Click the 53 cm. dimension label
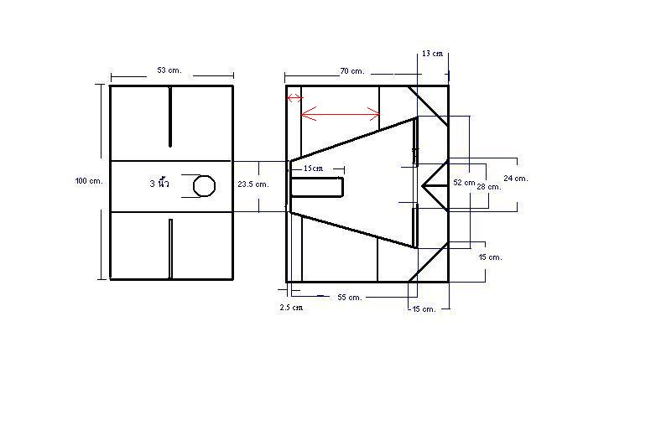click(169, 70)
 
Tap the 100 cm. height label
click(89, 181)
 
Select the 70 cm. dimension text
click(351, 71)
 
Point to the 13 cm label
click(432, 54)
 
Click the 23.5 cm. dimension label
click(253, 184)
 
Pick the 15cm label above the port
click(314, 169)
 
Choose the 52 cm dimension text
click(464, 183)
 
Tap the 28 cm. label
click(489, 187)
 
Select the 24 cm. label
click(516, 178)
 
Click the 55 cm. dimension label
click(349, 298)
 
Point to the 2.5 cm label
click(291, 307)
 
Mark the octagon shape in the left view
click(204, 185)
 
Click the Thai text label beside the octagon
click(159, 183)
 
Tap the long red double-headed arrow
click(341, 114)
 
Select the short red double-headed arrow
click(295, 98)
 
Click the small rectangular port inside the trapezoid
click(317, 187)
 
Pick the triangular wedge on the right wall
click(435, 185)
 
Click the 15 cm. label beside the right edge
click(491, 257)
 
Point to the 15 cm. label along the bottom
click(424, 309)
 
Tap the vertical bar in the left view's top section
click(170, 117)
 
